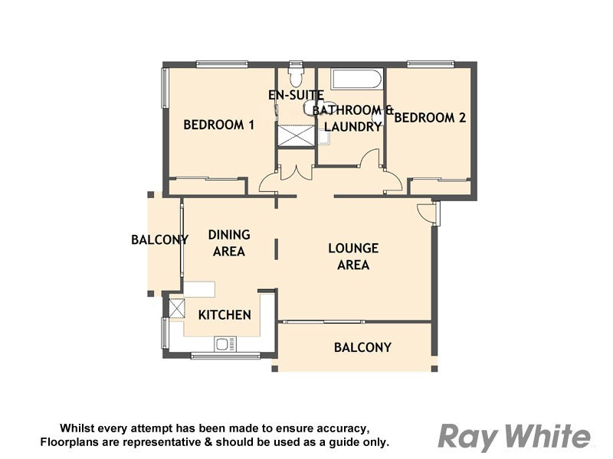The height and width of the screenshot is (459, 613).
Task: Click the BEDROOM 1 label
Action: tap(218, 125)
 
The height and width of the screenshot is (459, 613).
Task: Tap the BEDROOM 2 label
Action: tap(430, 118)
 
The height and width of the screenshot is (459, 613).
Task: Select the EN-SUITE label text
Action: tap(295, 95)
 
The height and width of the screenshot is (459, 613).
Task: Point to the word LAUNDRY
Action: tap(352, 127)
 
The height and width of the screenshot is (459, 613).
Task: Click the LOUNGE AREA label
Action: tap(353, 256)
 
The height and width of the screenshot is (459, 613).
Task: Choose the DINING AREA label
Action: tap(229, 243)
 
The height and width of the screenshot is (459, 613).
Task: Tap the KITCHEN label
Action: tap(225, 314)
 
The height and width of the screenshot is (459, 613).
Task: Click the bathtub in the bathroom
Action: tap(356, 80)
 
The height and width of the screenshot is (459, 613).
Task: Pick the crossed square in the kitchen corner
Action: tap(176, 308)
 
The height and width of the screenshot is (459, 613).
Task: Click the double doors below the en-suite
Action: tap(295, 172)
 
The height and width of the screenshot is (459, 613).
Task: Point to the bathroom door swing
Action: tap(370, 158)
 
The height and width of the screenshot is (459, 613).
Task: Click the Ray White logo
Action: tap(514, 437)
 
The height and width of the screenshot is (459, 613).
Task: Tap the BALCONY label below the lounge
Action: tap(362, 347)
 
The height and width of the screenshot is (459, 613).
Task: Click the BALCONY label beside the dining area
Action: tap(159, 239)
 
